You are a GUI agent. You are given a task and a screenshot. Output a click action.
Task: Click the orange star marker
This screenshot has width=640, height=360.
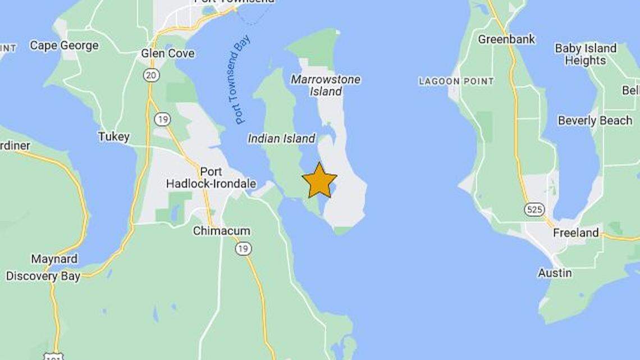(x=319, y=180)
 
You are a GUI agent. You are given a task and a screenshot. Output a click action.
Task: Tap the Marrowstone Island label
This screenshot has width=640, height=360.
(x=326, y=85)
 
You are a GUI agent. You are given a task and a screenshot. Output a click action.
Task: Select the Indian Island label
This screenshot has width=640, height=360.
(x=281, y=138)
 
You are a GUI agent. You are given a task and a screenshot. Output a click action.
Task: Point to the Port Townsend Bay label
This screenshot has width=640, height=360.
(x=242, y=79)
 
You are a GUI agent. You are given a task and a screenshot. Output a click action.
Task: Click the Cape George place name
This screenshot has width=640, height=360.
(x=64, y=45)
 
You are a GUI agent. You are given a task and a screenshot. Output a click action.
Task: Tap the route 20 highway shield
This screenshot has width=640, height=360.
(x=151, y=75)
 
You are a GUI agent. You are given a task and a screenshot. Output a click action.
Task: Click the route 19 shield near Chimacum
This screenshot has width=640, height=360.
(x=243, y=248)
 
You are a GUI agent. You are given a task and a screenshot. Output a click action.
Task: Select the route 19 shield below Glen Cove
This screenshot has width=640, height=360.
(x=163, y=119)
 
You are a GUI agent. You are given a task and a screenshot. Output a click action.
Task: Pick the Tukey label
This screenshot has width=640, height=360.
(x=114, y=136)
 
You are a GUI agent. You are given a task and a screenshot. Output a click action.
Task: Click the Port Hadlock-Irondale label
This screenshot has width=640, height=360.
(x=211, y=178)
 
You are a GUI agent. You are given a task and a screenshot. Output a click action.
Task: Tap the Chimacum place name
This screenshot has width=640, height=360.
(x=222, y=231)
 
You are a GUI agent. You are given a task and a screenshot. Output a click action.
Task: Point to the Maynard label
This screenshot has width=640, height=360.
(x=54, y=259)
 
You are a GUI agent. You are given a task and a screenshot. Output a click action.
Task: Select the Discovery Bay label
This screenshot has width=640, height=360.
(x=43, y=276)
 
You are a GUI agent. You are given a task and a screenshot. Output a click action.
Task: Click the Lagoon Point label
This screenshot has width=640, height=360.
(x=456, y=81)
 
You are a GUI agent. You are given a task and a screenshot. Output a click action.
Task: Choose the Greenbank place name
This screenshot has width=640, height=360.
(x=506, y=39)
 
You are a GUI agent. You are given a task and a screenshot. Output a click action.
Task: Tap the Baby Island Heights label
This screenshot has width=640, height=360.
(x=585, y=54)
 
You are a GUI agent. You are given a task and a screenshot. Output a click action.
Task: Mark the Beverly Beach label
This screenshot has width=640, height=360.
(x=595, y=121)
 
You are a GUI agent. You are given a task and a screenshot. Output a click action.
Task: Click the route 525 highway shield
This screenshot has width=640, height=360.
(x=534, y=209)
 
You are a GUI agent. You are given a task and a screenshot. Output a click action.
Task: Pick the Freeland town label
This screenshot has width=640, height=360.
(x=575, y=233)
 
